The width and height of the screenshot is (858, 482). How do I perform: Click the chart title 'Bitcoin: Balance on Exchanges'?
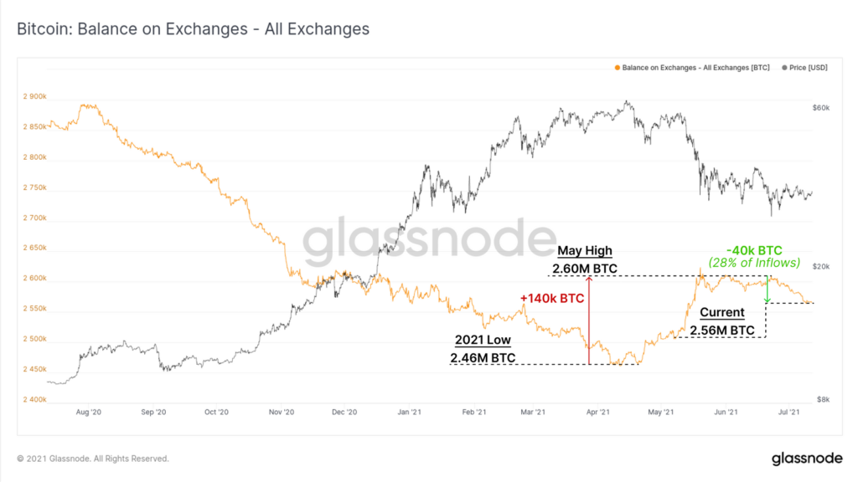pos(194,29)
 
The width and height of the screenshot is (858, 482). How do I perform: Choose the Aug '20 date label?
pos(88,413)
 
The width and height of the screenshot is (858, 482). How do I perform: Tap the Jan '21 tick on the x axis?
pos(409,413)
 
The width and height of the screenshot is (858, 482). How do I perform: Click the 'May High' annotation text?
pos(585,251)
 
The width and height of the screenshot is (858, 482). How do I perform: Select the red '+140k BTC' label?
pos(551,297)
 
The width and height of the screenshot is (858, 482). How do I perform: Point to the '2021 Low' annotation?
pos(482,341)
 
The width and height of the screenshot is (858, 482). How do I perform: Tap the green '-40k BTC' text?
pos(754,249)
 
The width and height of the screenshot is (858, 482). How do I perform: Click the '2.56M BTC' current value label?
pos(721,330)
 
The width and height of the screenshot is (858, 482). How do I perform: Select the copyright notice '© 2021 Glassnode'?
pos(93,459)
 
